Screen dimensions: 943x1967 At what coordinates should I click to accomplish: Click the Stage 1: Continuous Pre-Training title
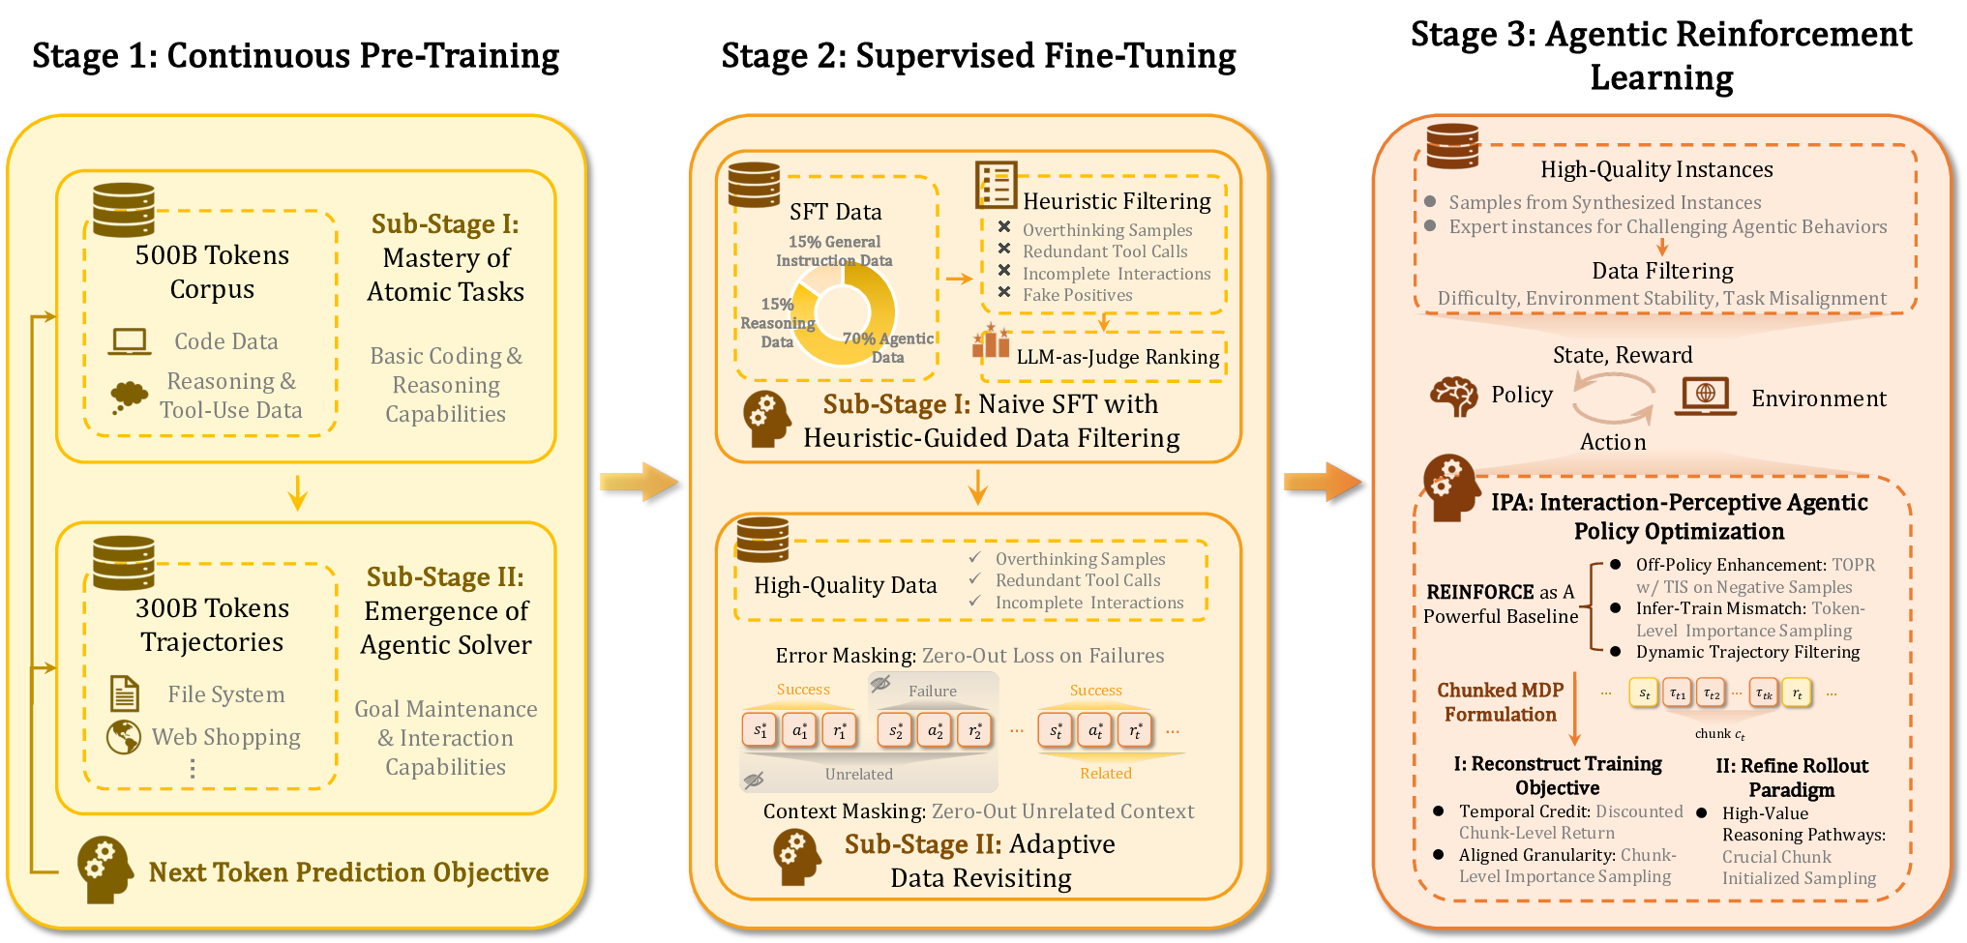[295, 56]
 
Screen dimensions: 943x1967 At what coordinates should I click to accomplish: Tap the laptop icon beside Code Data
[129, 341]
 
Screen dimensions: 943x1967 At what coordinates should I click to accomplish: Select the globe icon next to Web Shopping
[124, 737]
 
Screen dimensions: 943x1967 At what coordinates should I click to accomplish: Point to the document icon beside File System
[125, 693]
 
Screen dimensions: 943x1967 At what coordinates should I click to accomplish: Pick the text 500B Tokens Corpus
[212, 272]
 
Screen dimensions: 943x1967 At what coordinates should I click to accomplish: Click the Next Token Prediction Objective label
[348, 872]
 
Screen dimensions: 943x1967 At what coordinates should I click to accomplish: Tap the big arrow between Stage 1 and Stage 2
[639, 482]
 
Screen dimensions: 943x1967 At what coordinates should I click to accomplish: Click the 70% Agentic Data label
[887, 347]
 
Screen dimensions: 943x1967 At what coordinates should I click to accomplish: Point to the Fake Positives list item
[1077, 295]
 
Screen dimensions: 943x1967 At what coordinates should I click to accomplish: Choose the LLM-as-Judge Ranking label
[1118, 357]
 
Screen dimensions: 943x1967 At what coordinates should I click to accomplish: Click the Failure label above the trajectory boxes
[932, 691]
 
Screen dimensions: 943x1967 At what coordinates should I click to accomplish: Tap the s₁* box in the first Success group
[760, 730]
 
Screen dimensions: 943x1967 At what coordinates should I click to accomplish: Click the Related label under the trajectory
[1105, 773]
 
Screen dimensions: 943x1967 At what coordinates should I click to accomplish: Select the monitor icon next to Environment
[1705, 396]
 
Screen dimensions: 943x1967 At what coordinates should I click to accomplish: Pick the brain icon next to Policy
[1453, 396]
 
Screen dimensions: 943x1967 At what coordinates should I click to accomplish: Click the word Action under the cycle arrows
[1613, 442]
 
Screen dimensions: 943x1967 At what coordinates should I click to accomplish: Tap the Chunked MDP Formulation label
[1500, 702]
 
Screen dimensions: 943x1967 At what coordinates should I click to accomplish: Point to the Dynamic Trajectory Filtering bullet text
[1747, 652]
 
